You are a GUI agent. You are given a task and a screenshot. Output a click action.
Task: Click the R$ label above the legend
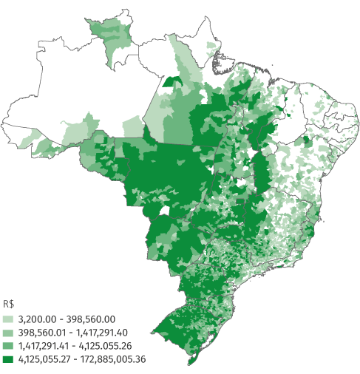coord(8,304)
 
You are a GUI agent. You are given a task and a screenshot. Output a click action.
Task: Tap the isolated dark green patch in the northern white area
coord(173,81)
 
